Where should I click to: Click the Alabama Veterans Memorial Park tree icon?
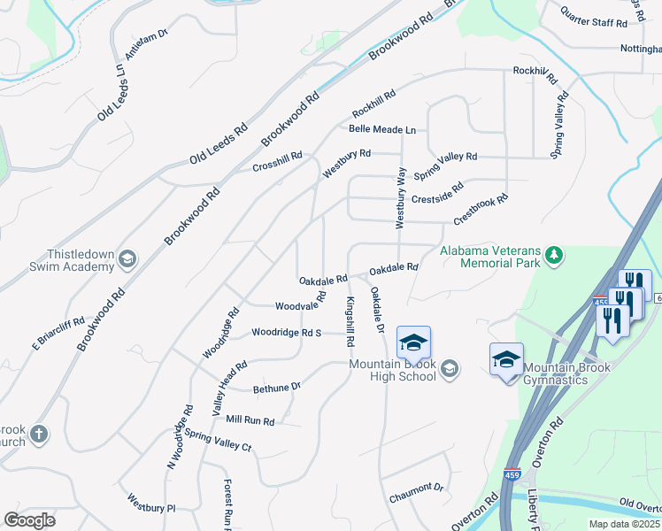point(555,256)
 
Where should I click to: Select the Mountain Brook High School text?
point(393,370)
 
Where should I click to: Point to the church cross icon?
point(37,435)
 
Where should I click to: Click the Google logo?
point(29,519)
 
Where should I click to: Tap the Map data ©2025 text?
point(624,524)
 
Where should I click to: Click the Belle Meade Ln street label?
point(382,129)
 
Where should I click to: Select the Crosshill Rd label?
point(277,161)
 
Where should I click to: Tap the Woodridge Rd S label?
point(286,333)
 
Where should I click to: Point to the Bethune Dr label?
point(277,387)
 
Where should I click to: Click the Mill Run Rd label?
point(250,420)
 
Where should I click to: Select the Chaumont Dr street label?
point(416,492)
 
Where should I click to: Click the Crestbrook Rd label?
point(481,209)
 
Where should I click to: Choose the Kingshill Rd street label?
point(350,320)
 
